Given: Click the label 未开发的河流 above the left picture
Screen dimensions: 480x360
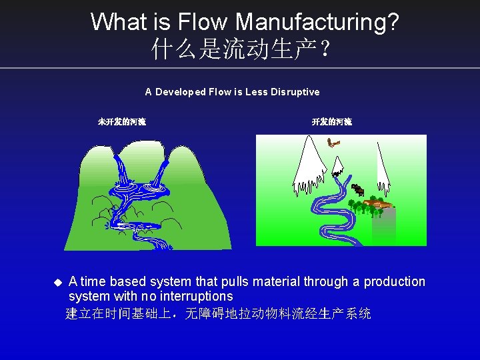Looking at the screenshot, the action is (122, 122).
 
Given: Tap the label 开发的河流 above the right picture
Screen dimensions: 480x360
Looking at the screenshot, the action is (332, 122).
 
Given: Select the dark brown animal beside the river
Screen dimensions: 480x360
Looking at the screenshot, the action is (357, 189).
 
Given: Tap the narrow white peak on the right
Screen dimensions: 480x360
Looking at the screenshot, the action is (383, 167).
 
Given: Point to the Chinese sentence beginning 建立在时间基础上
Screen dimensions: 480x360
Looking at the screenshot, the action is (218, 313).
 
